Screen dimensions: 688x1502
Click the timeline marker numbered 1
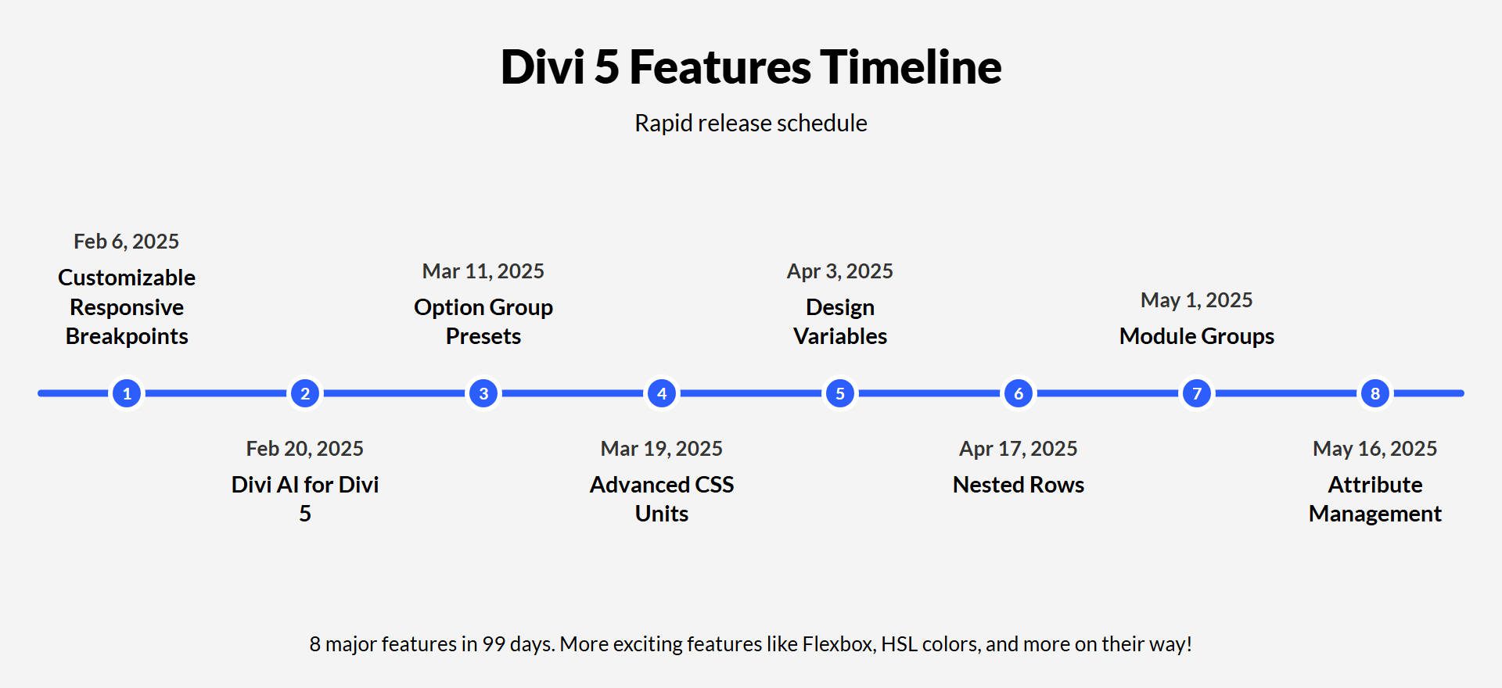coord(127,393)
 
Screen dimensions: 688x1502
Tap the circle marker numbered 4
coord(662,393)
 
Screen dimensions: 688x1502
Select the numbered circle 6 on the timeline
coord(1019,393)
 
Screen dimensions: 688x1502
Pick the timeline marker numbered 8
coord(1375,393)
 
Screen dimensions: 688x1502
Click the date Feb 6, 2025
coord(126,242)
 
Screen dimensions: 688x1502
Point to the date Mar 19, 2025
coord(661,449)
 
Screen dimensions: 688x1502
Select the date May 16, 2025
coord(1374,449)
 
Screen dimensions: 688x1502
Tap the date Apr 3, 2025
coord(839,271)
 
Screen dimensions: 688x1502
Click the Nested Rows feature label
coord(1018,485)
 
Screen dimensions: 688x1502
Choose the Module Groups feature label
coord(1196,336)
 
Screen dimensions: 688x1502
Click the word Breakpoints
coord(127,336)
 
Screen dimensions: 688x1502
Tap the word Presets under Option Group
coord(483,336)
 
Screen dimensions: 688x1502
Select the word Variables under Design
coord(839,336)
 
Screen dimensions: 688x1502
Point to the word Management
coord(1374,514)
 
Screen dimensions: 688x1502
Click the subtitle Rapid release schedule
coord(750,124)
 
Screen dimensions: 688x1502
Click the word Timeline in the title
coord(911,67)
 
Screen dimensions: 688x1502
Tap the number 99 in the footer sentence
coord(494,644)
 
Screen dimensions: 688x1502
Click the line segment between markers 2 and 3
coord(394,393)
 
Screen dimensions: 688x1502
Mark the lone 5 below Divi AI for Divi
coord(305,514)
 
